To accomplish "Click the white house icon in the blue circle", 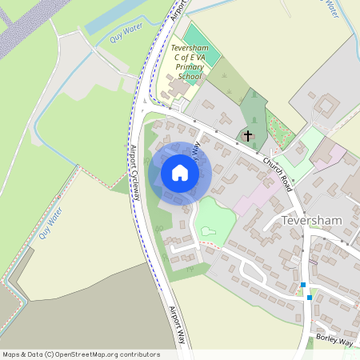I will (179, 172).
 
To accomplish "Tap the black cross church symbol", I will (248, 136).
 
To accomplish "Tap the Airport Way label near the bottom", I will (178, 324).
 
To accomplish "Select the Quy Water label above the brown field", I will (50, 223).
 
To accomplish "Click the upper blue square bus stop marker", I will (303, 285).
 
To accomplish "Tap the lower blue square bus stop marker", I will (310, 298).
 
